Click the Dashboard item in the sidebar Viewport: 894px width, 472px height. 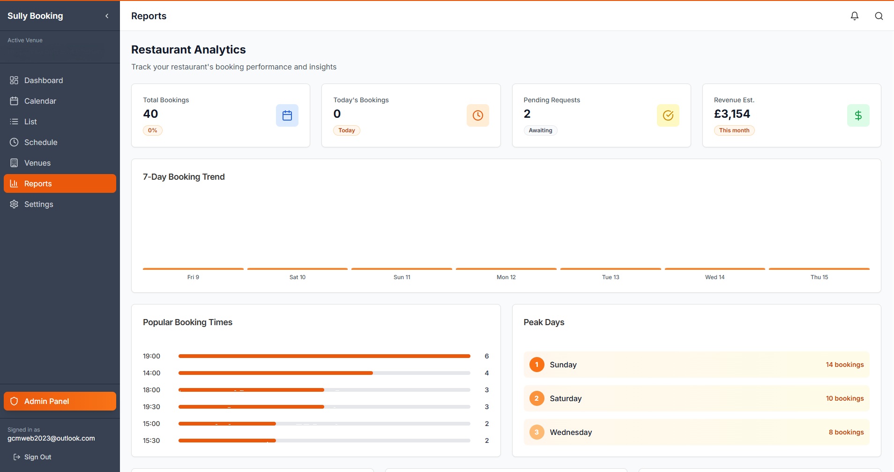(43, 80)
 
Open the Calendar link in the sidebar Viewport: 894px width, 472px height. (40, 101)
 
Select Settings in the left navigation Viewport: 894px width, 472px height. (38, 204)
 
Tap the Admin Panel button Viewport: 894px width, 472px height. (60, 401)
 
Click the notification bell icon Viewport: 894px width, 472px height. (855, 16)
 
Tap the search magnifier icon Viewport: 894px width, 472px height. (879, 16)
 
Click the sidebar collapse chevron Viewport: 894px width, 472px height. (107, 16)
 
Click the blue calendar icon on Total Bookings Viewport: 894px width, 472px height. (287, 115)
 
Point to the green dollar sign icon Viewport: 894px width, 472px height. (858, 115)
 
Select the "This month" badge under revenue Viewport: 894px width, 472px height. (734, 130)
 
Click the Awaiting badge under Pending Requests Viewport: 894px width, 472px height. (540, 130)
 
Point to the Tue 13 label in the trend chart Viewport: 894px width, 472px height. (611, 277)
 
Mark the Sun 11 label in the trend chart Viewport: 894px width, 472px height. (402, 277)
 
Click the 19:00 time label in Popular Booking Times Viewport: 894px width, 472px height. (151, 356)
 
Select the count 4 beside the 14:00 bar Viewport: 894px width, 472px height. (487, 373)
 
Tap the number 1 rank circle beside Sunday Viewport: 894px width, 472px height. (537, 365)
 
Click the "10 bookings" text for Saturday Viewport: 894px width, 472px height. (845, 398)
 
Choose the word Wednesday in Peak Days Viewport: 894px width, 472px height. (571, 432)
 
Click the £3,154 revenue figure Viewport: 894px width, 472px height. (732, 114)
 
